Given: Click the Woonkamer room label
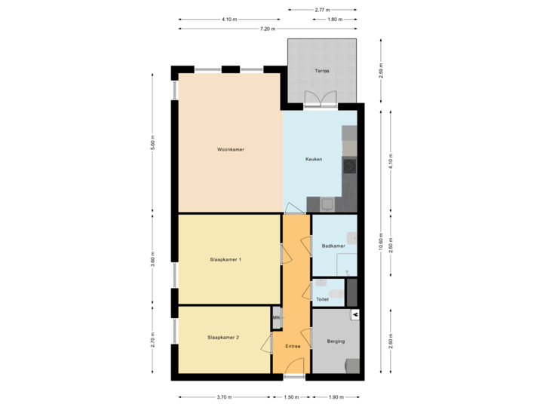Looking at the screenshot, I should tap(230, 150).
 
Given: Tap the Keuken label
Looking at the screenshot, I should tap(314, 160).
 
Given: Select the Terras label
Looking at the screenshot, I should tap(321, 72).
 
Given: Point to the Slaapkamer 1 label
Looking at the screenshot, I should tap(225, 260).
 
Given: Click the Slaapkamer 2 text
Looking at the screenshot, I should tap(223, 337).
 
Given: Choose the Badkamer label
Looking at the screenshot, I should tap(333, 246).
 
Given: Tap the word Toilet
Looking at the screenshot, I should tap(323, 299).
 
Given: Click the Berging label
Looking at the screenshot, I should tap(336, 341).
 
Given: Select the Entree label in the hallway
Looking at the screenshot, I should tap(293, 347).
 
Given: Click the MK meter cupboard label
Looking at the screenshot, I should tap(277, 318).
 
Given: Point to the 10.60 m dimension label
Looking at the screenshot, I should tap(382, 243).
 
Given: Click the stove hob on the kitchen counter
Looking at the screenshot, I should tap(348, 167).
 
